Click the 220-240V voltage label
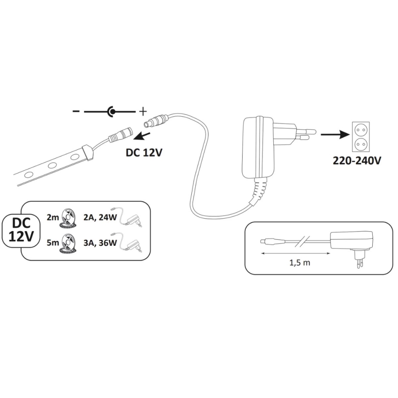(x=356, y=161)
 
